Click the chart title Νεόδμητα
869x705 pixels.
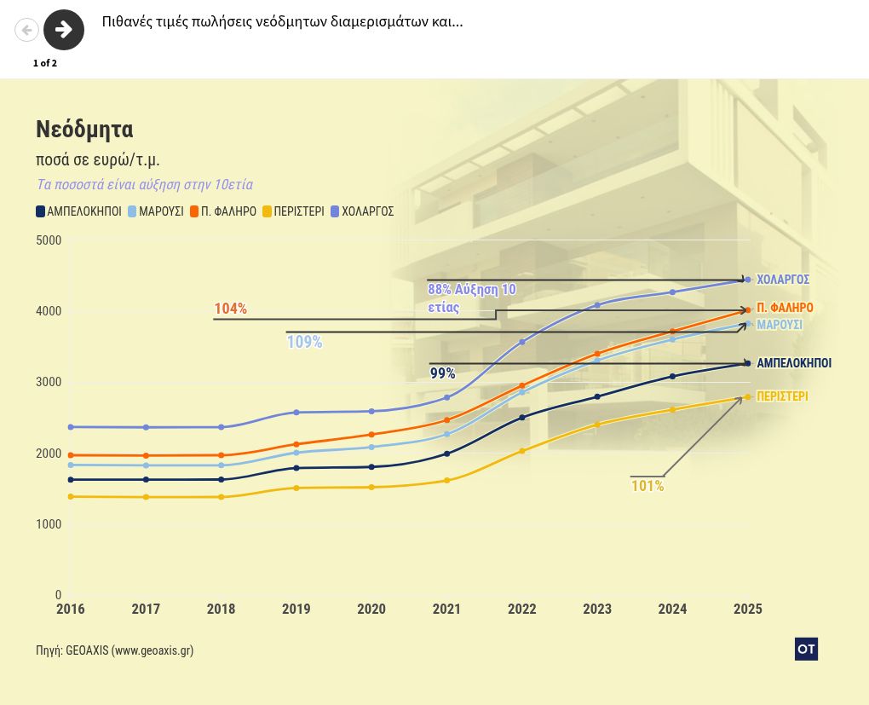click(84, 130)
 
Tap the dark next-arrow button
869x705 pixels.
click(64, 31)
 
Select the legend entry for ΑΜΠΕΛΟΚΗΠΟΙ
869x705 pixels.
click(79, 211)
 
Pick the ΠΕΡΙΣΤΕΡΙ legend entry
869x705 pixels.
click(293, 211)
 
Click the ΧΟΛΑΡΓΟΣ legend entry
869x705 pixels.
click(361, 211)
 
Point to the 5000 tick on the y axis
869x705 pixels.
click(49, 240)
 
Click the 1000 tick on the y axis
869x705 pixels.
click(49, 524)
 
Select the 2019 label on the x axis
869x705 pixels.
click(296, 610)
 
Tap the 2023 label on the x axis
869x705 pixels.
click(597, 610)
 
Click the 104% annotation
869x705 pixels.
click(230, 309)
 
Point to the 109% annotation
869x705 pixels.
click(304, 342)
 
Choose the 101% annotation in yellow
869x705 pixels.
click(647, 486)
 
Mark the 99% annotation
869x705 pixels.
click(442, 373)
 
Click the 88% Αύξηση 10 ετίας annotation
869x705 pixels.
click(471, 298)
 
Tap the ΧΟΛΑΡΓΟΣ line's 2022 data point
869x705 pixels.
click(522, 342)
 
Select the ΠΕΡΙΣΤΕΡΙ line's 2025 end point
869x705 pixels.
click(748, 396)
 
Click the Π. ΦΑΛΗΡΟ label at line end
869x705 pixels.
click(785, 308)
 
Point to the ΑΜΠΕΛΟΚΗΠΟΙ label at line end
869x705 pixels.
click(794, 363)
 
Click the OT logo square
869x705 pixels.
click(806, 649)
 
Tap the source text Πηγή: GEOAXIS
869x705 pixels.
click(114, 650)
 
